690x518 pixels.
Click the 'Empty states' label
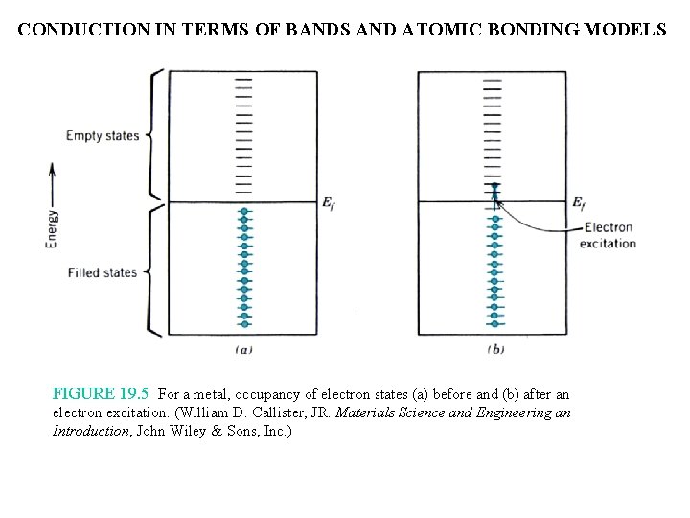pos(103,135)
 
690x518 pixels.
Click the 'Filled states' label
pos(103,272)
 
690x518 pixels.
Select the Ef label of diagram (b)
pos(580,202)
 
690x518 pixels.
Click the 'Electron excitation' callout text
pos(609,235)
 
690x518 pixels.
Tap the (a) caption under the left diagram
pos(243,350)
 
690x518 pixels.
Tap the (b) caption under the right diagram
pos(494,350)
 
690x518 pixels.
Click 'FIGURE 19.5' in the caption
pos(103,393)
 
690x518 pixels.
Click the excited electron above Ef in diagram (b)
pos(494,187)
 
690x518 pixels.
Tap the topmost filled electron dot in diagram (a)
pos(244,212)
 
